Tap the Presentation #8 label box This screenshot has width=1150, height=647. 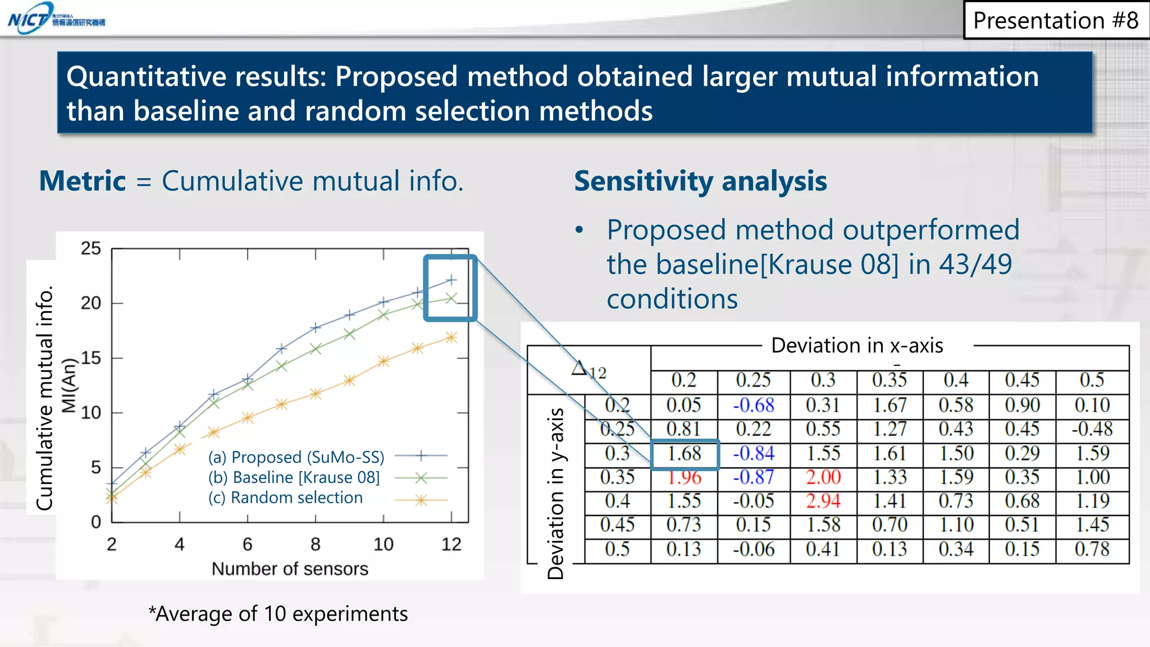click(x=1055, y=21)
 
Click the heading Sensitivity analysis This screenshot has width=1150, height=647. click(x=700, y=181)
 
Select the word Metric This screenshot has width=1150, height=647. click(x=83, y=181)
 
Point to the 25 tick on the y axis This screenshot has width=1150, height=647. click(x=91, y=248)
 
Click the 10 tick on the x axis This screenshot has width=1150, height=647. click(x=384, y=544)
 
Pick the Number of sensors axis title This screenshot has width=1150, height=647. click(x=290, y=569)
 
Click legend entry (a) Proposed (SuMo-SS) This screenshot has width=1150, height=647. click(x=296, y=457)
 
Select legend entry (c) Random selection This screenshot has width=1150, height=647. click(x=285, y=498)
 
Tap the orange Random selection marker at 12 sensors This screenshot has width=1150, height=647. click(x=451, y=338)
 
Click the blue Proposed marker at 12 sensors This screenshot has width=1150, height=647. click(x=451, y=280)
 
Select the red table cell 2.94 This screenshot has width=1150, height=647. click(x=823, y=500)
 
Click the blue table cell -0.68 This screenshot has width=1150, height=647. click(x=754, y=405)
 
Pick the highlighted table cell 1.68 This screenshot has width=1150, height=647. click(x=684, y=454)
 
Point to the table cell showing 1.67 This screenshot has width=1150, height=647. click(x=889, y=405)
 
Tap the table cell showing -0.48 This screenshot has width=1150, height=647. click(x=1092, y=429)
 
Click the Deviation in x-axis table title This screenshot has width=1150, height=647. click(x=857, y=345)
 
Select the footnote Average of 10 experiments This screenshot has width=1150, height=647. click(x=279, y=614)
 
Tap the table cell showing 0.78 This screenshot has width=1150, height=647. click(x=1092, y=549)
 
